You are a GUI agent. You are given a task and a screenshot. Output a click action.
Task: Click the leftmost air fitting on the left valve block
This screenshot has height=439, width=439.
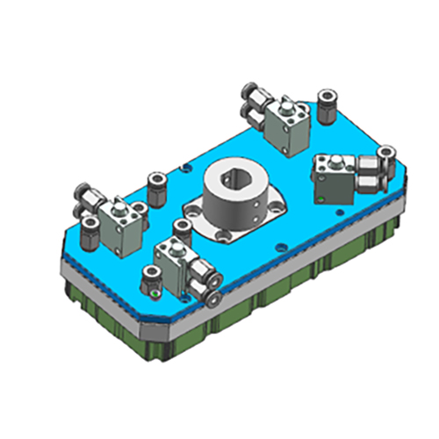pos(82,195)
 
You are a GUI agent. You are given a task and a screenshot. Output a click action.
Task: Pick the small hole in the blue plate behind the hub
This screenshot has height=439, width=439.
pos(185,166)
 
